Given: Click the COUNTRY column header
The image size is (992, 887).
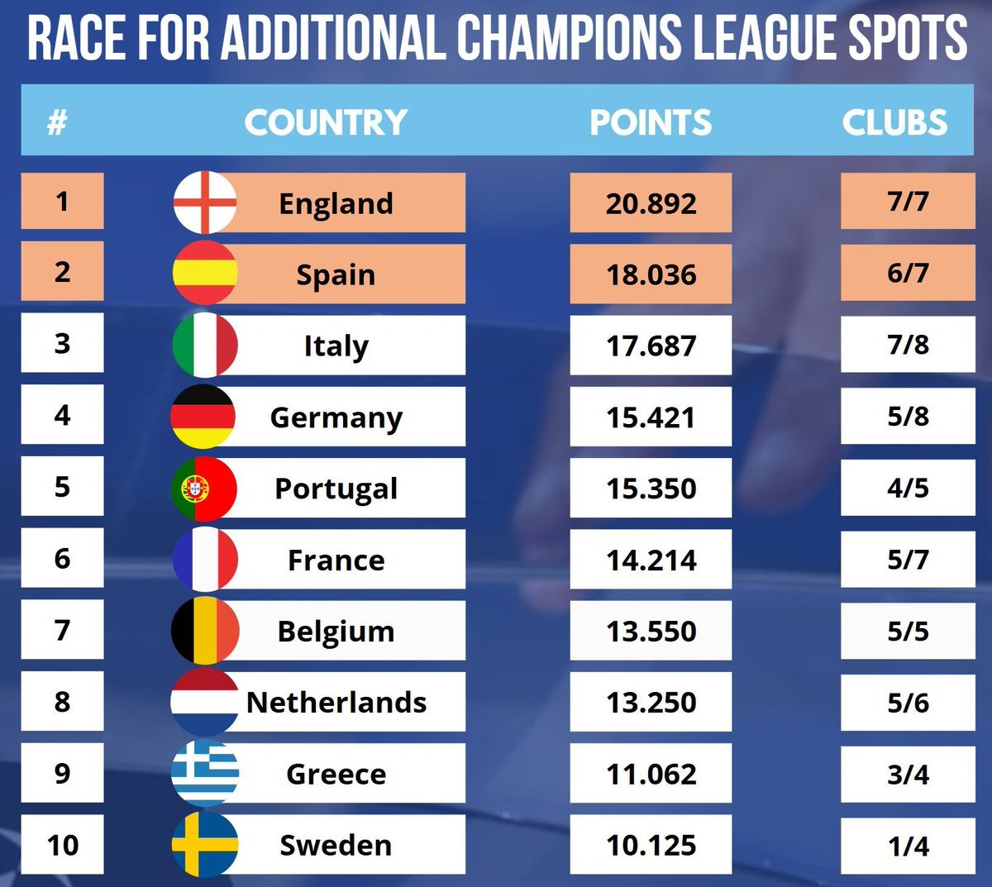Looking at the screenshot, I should click(x=326, y=122).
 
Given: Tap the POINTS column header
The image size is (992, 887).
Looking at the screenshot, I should click(x=651, y=122).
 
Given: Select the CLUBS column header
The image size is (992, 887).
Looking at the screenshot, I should click(x=894, y=122).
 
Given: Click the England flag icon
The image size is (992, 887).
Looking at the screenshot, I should click(x=205, y=203).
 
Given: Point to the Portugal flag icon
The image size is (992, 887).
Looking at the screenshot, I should click(x=204, y=489).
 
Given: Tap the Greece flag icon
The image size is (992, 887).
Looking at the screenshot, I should click(x=205, y=774).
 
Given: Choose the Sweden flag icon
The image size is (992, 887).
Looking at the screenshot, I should click(x=205, y=845).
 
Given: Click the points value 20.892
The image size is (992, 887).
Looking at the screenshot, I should click(x=651, y=203).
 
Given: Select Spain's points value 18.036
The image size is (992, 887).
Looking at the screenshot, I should click(x=651, y=274).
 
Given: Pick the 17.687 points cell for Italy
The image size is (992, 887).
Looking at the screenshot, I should click(x=651, y=346).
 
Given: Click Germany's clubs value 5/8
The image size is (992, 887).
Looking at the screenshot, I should click(x=908, y=417).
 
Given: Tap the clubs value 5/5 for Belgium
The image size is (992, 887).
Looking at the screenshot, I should click(x=908, y=632).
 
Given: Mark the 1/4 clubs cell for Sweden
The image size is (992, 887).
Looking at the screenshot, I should click(x=908, y=846).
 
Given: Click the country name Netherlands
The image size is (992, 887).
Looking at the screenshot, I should click(x=336, y=703).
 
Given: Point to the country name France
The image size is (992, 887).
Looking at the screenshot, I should click(x=336, y=560).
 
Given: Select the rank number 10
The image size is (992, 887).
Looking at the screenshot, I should click(x=63, y=845).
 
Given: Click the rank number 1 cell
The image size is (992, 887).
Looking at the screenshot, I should click(x=62, y=201).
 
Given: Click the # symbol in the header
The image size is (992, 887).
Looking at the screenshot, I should click(x=57, y=122).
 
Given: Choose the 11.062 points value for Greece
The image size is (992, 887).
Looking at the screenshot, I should click(x=651, y=775).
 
